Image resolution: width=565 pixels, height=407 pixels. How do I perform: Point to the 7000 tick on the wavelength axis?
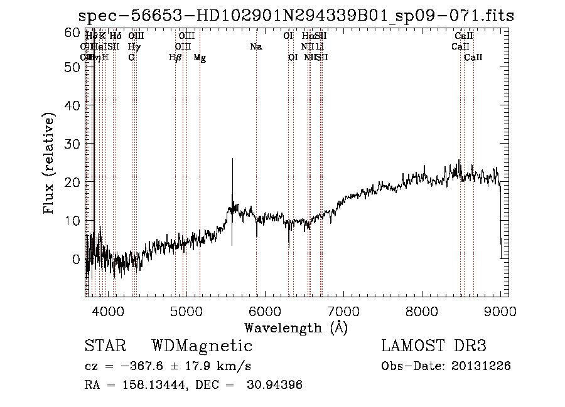343,310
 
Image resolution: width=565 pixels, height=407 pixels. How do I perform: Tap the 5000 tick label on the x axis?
186,310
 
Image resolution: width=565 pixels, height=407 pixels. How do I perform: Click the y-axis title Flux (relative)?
50,163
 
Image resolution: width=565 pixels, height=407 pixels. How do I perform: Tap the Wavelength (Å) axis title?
296,327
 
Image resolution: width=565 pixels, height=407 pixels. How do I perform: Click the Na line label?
256,47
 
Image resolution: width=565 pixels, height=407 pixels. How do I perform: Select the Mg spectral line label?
200,58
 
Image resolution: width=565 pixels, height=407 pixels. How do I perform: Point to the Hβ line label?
175,58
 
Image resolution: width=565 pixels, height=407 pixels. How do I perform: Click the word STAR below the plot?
105,346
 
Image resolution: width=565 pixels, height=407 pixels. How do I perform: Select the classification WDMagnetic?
202,346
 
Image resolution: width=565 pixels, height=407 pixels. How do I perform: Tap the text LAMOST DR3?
434,346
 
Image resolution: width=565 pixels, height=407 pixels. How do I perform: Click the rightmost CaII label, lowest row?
473,58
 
